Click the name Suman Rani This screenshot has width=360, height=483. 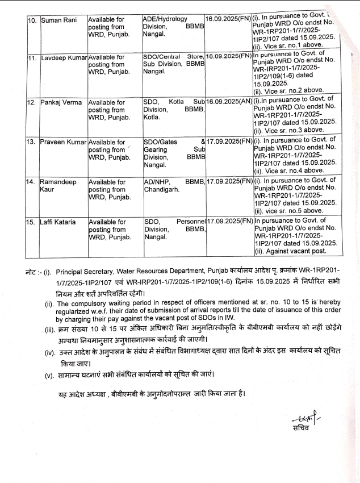click(58, 20)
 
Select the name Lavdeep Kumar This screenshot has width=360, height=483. click(62, 58)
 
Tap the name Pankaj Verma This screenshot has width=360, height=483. click(61, 103)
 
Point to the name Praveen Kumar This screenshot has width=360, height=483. click(62, 141)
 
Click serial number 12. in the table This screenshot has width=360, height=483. click(33, 103)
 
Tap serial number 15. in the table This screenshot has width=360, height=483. click(33, 222)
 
